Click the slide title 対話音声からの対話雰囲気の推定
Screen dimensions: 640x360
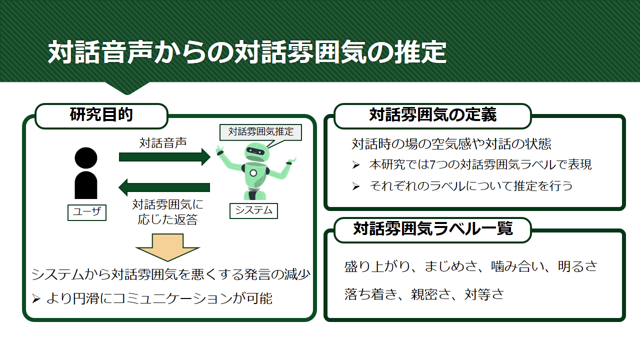pyautogui.click(x=247, y=52)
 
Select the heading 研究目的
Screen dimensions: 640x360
pyautogui.click(x=101, y=114)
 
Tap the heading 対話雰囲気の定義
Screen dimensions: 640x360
pyautogui.click(x=433, y=114)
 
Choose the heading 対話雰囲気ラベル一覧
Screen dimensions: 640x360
pyautogui.click(x=433, y=228)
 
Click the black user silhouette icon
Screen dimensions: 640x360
pyautogui.click(x=85, y=173)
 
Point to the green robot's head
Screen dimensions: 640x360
pyautogui.click(x=257, y=152)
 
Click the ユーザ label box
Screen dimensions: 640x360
pyautogui.click(x=87, y=212)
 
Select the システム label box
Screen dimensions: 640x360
pyautogui.click(x=253, y=211)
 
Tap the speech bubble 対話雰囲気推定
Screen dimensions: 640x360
pyautogui.click(x=260, y=132)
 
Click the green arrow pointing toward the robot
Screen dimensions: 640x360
pyautogui.click(x=164, y=157)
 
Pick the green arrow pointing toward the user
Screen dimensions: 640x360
pyautogui.click(x=164, y=187)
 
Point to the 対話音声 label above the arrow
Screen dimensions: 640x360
pyautogui.click(x=163, y=143)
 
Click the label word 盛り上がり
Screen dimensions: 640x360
pyautogui.click(x=377, y=266)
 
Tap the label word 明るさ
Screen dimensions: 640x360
pyautogui.click(x=577, y=266)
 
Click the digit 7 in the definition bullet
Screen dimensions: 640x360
pyautogui.click(x=433, y=165)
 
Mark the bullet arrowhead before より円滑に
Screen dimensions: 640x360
pyautogui.click(x=36, y=299)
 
